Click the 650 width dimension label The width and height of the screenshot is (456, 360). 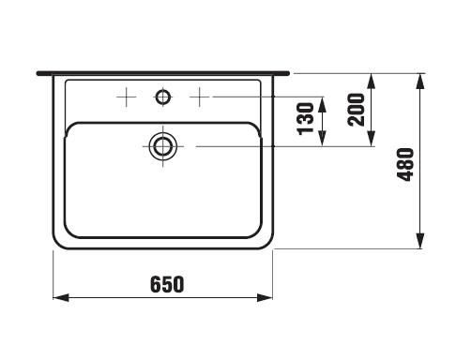click(x=167, y=284)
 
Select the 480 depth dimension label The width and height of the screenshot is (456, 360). click(x=405, y=164)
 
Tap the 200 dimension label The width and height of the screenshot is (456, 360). click(x=357, y=110)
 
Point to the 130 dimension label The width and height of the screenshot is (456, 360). click(x=305, y=119)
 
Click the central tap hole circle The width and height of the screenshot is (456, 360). click(x=162, y=97)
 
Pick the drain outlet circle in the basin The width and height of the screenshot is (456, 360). click(x=162, y=146)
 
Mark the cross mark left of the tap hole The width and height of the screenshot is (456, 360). click(x=126, y=97)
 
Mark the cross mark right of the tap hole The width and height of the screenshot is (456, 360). click(x=200, y=97)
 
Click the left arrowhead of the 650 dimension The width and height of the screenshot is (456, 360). click(x=61, y=297)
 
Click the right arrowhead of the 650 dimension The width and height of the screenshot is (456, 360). click(x=265, y=297)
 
